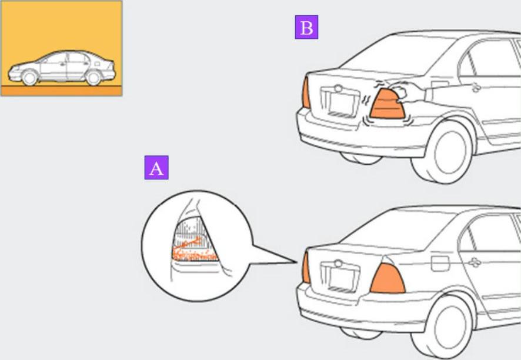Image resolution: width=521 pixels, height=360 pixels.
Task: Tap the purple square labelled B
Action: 306,27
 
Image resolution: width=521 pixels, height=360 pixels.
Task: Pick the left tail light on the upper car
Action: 306,93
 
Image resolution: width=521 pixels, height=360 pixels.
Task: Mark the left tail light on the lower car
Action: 306,268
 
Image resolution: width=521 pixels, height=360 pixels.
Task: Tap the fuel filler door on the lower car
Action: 440,262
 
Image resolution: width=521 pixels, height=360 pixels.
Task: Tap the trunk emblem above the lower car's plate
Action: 338,263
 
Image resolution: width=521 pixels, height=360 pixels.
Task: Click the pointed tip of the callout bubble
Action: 298,262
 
